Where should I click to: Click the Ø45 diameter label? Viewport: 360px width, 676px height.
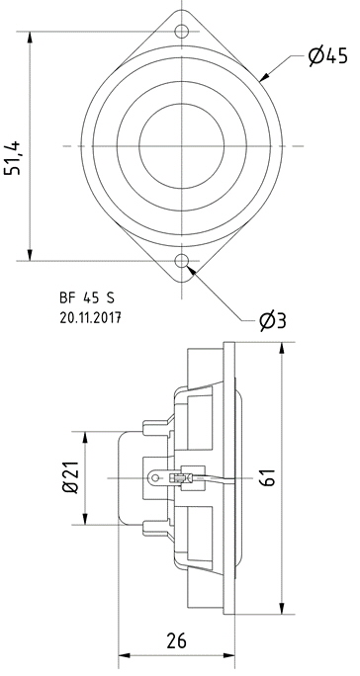point(328,56)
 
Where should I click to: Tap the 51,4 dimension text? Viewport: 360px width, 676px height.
point(13,157)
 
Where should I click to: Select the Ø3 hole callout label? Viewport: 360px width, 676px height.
point(273,321)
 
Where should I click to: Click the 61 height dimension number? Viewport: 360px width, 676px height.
point(268,476)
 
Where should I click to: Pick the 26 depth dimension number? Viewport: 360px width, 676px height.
point(176,640)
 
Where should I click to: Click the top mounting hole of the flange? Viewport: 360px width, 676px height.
point(182,31)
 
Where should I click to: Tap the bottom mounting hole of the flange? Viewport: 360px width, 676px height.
point(182,261)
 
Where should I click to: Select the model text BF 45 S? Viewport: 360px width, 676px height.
point(87,297)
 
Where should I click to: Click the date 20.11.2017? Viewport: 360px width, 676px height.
point(90,318)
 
